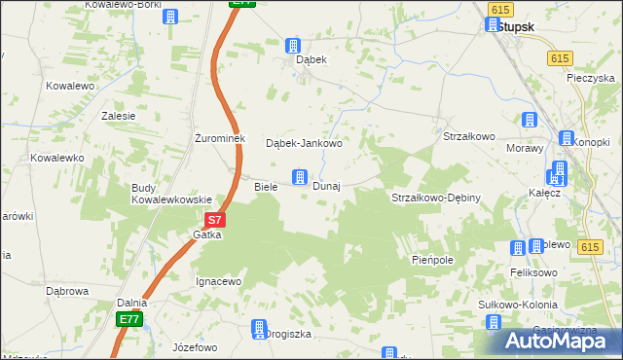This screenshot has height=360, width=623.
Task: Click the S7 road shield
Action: [216, 221]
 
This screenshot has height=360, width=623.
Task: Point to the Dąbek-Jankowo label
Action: [305, 143]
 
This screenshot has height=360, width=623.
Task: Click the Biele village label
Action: [266, 186]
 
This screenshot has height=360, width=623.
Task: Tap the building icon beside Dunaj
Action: [300, 177]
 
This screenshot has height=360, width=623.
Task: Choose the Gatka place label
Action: [207, 235]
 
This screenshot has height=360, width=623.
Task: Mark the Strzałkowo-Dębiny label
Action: [436, 198]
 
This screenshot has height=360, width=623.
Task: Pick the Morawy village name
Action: [524, 148]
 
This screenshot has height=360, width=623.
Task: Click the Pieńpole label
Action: [433, 261]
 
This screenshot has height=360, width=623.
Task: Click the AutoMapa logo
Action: [551, 341]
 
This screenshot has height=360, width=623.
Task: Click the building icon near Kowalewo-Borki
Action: [171, 17]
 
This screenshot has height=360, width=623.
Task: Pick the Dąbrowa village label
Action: [67, 290]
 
